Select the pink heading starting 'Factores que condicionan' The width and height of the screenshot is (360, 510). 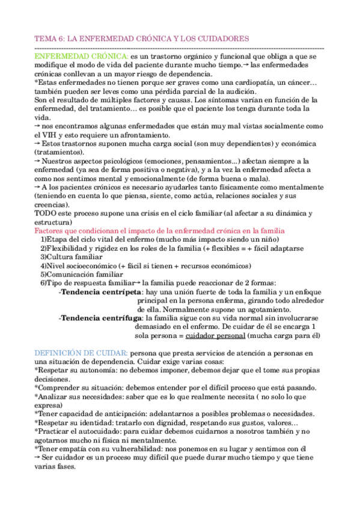coord(159,231)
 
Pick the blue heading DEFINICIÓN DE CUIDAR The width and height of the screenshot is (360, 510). coord(81,352)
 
